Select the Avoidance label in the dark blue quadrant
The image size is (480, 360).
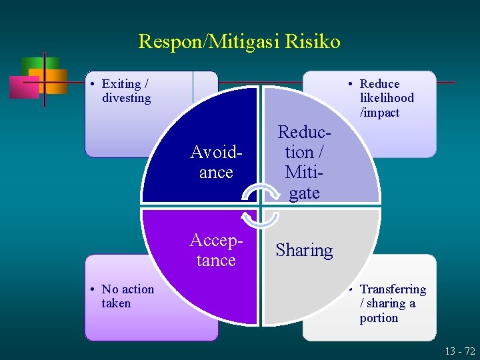point(215,162)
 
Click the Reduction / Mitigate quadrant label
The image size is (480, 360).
point(303,162)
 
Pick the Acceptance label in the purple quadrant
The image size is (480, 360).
point(215,250)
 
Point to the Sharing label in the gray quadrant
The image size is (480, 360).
point(304,250)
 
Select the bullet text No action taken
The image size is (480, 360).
point(127,296)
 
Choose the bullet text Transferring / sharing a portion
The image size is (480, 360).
point(392,303)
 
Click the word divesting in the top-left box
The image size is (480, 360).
point(127,98)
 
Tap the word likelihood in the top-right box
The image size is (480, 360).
point(387,98)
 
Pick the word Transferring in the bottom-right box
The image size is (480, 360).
point(393,289)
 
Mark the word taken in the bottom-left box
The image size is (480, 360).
point(116,303)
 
